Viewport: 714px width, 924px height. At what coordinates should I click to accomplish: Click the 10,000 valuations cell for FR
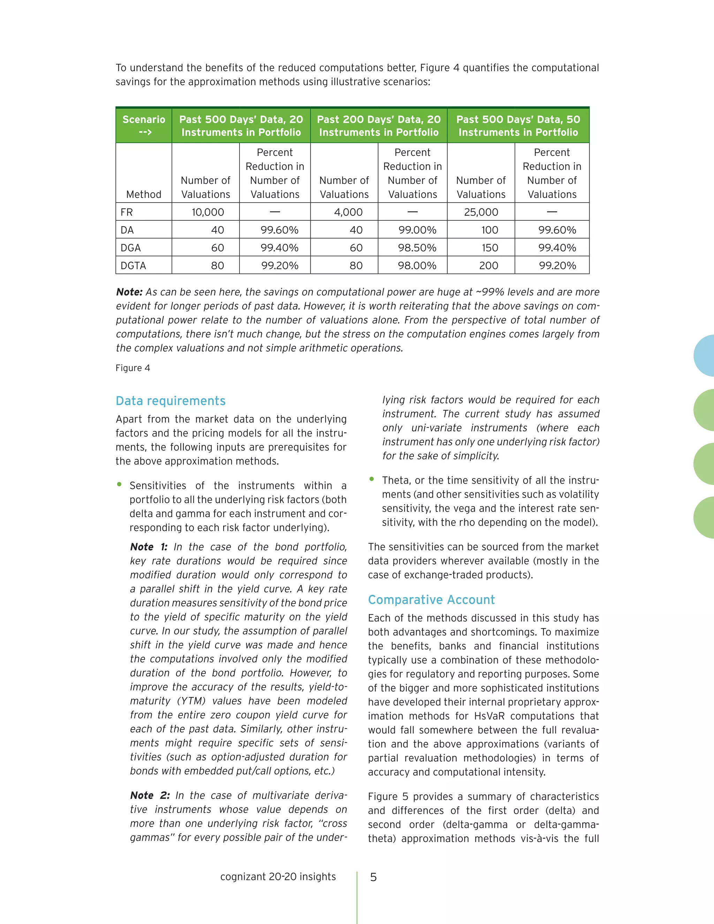tap(207, 212)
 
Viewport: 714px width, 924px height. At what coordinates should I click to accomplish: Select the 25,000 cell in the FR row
tap(480, 212)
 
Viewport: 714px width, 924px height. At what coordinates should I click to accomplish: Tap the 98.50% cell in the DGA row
tap(417, 248)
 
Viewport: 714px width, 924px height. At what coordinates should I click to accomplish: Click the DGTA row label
tap(133, 265)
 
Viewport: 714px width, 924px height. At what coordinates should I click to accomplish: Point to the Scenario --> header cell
tap(144, 125)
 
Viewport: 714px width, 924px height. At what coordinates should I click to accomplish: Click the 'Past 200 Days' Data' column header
tap(379, 125)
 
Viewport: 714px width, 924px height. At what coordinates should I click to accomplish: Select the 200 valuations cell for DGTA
tap(488, 265)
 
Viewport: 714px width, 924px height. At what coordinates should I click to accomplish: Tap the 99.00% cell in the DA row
tap(417, 230)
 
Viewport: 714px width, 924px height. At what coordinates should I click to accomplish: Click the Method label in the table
tap(144, 194)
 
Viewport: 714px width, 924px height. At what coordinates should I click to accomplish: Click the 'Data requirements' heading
tap(170, 401)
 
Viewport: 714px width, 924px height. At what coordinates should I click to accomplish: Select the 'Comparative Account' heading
tap(431, 599)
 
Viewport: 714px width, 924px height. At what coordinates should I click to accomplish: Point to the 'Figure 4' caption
tap(133, 368)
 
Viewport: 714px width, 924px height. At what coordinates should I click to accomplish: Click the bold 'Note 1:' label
tap(149, 547)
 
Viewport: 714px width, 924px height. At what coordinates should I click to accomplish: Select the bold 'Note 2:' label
tap(150, 795)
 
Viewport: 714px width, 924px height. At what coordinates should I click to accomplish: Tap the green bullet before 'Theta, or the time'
tap(371, 479)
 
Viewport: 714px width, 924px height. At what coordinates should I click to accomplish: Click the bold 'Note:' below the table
tap(129, 292)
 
